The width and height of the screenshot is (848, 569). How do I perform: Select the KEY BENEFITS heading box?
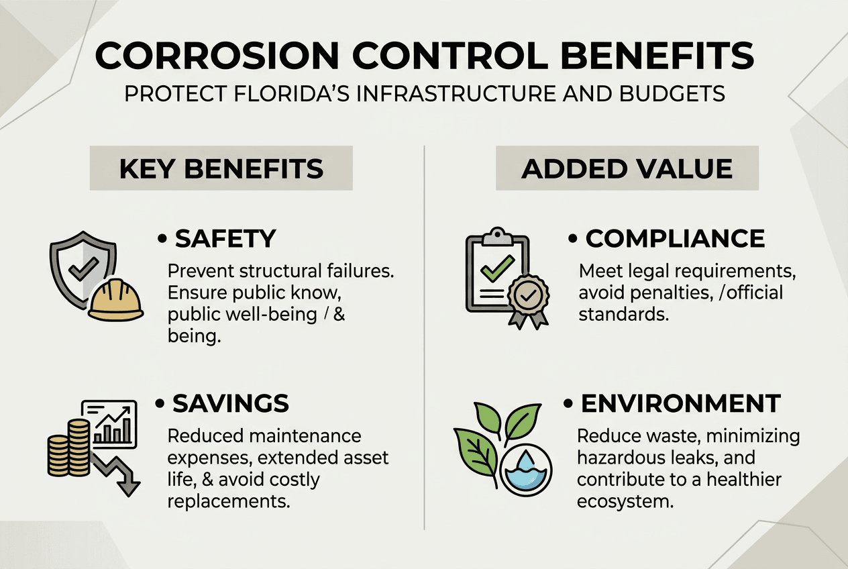(221, 168)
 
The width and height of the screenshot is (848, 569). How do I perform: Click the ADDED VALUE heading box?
(627, 168)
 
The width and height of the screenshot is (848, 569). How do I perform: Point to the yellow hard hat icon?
(116, 300)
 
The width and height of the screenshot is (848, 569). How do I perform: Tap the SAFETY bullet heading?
(225, 238)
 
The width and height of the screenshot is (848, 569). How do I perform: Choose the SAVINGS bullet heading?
(231, 403)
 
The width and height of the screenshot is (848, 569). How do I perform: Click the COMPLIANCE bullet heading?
(675, 238)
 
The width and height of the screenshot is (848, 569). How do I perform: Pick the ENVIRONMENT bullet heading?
(680, 403)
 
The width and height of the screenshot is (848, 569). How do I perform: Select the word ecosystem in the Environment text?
(625, 501)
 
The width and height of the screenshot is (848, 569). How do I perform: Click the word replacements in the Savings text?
(229, 501)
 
